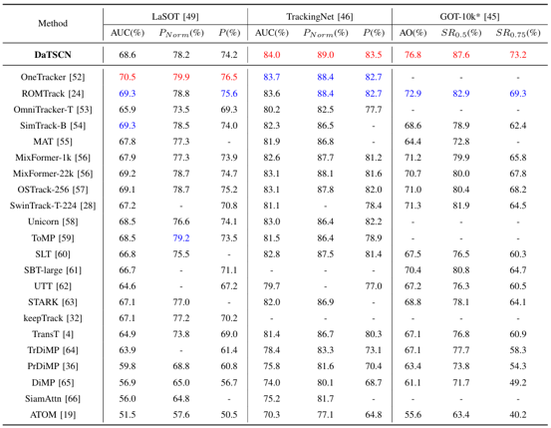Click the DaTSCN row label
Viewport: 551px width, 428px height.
53,55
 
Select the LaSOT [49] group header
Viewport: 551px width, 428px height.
175,17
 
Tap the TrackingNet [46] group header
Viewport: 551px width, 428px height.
320,17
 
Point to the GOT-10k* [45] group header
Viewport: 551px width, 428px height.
469,17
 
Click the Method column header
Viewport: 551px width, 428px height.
53,23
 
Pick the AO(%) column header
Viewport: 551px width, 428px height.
413,33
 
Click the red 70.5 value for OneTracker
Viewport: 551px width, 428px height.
128,77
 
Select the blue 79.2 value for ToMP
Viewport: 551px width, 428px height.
181,238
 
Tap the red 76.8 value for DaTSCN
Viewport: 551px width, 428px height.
413,55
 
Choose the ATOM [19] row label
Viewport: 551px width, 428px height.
53,415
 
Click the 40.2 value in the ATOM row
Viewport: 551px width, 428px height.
518,415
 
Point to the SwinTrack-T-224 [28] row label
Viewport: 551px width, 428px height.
53,206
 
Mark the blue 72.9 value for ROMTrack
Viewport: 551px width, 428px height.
413,94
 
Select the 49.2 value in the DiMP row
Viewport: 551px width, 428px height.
518,382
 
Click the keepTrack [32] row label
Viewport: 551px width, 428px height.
53,318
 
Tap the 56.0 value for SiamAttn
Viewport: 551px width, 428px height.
128,399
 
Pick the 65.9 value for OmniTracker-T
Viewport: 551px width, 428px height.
128,110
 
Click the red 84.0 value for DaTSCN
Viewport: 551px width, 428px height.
272,55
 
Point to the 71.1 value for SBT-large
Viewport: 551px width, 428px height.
229,270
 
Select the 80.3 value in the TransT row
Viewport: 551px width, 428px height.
374,334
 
